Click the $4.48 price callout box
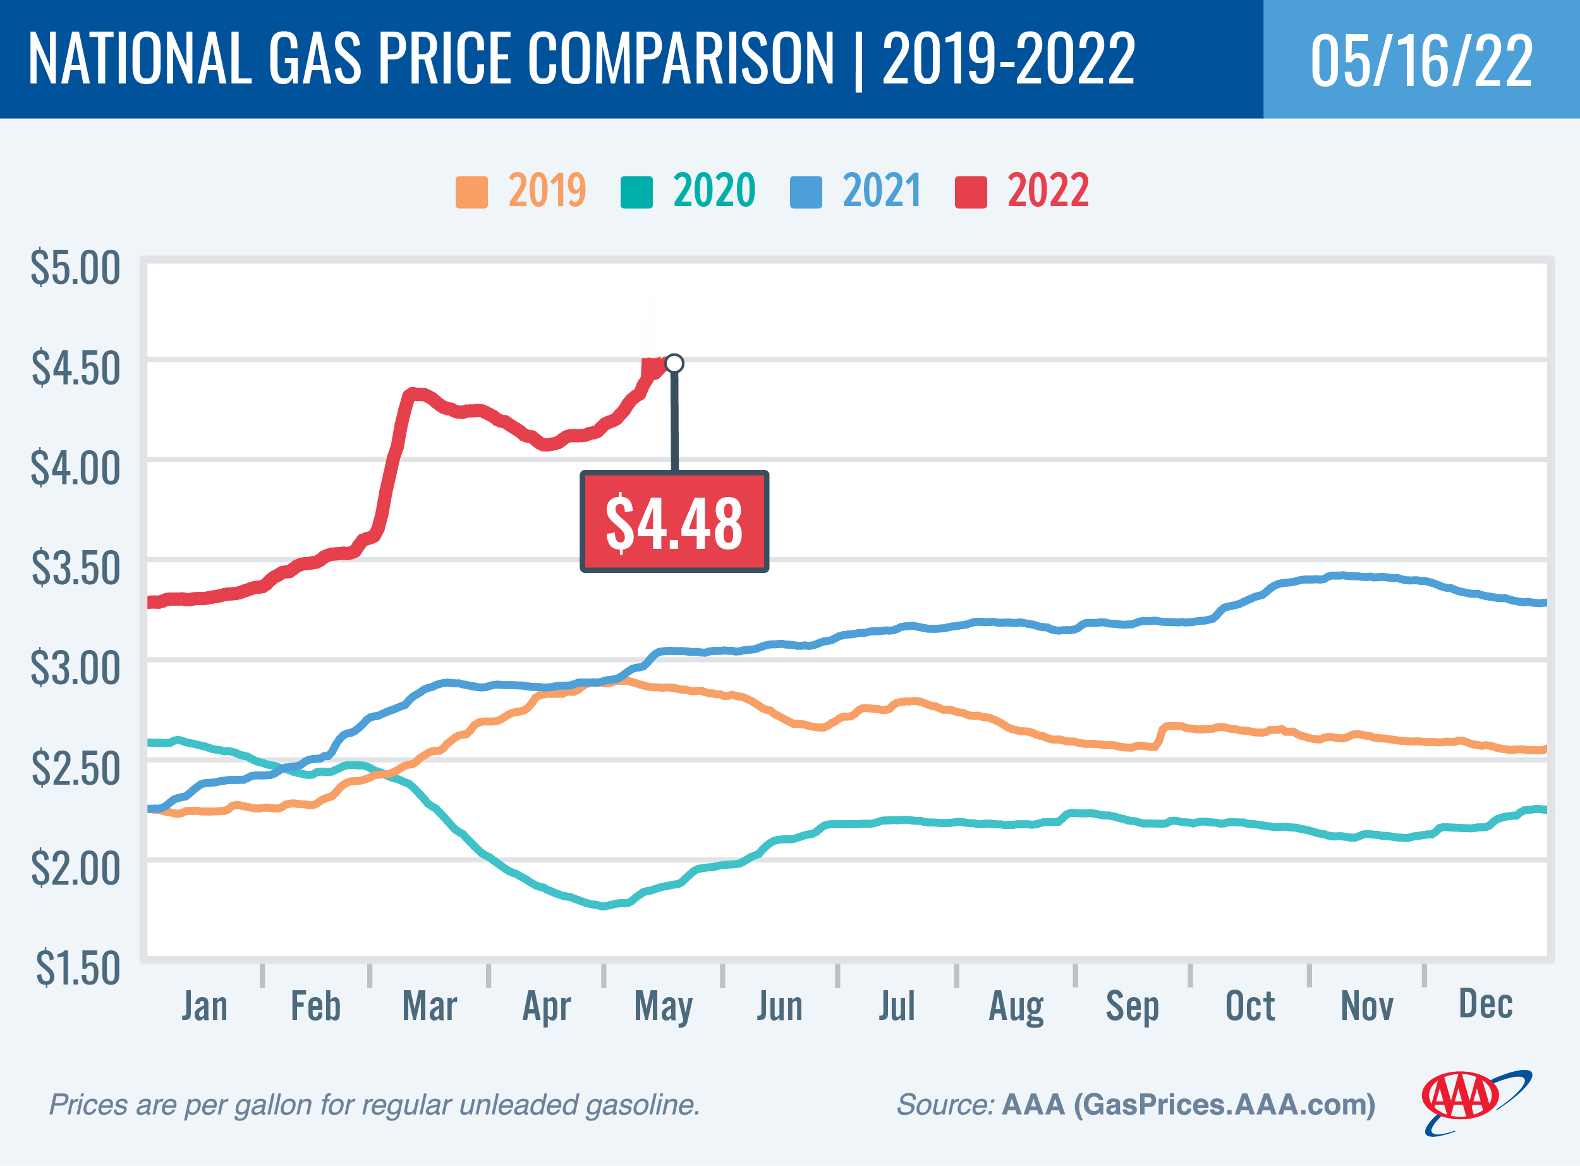tap(674, 522)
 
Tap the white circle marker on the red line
tap(674, 363)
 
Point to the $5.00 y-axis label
tap(75, 267)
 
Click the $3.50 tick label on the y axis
tap(75, 568)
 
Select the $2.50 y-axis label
tap(75, 769)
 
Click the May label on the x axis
tap(662, 1007)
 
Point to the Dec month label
tap(1485, 1003)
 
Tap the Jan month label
tap(205, 1006)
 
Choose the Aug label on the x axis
tap(1015, 1007)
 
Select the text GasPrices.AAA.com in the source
tap(1224, 1105)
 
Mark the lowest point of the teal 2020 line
tap(602, 905)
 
